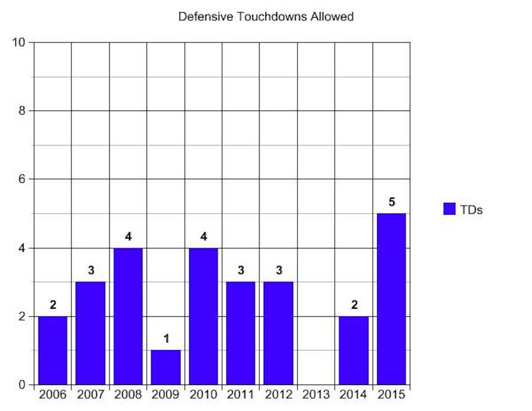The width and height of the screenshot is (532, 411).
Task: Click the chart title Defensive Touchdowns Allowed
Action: point(266,17)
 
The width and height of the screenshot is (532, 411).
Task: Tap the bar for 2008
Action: point(128,316)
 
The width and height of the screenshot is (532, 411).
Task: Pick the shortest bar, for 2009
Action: point(166,367)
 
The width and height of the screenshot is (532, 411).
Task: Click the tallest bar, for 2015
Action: point(391,299)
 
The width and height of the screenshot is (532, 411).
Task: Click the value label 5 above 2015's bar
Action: point(391,202)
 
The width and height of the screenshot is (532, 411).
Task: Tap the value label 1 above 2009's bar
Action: point(166,339)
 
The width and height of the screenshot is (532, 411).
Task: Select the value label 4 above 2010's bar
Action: point(203,237)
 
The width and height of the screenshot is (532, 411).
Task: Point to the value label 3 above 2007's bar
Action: point(91,271)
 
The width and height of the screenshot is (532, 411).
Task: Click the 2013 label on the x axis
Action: point(316,394)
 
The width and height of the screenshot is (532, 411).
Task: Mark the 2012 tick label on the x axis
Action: point(278,394)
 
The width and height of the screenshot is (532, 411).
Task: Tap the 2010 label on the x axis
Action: point(203,394)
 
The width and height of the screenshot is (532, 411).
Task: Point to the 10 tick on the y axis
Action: point(20,43)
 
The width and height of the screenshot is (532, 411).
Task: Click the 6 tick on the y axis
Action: point(23,179)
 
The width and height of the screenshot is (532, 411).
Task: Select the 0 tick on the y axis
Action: point(23,385)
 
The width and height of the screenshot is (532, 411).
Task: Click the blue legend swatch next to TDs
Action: point(449,209)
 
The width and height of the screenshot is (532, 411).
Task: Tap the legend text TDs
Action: point(471,209)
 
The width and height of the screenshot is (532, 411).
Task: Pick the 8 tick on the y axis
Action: point(23,111)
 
